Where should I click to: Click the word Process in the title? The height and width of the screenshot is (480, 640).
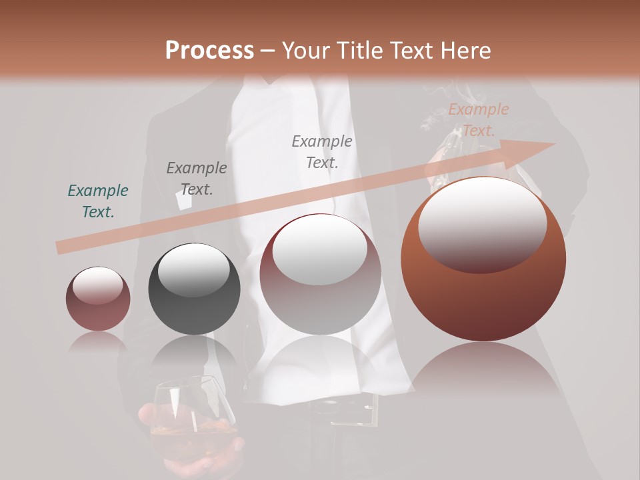[x=209, y=51]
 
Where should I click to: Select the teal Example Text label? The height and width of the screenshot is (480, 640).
[x=98, y=201]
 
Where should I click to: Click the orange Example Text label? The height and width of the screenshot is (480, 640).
[x=479, y=120]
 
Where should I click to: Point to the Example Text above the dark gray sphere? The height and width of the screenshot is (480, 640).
[x=197, y=178]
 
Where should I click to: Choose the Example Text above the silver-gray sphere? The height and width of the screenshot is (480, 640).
[x=322, y=151]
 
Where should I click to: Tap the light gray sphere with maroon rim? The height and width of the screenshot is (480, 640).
[x=321, y=300]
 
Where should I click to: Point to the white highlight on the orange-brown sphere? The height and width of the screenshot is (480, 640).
[x=482, y=223]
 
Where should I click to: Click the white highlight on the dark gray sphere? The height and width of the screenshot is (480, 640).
[x=193, y=269]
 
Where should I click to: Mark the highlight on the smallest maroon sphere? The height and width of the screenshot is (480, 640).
[x=97, y=285]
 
